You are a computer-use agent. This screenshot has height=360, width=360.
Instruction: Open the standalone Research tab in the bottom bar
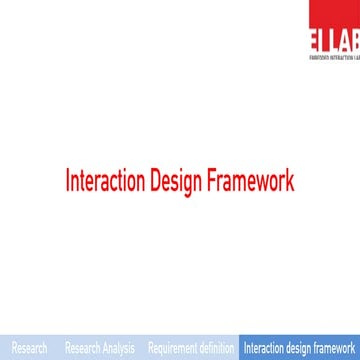(x=28, y=349)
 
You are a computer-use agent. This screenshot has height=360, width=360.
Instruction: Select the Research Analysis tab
(x=99, y=349)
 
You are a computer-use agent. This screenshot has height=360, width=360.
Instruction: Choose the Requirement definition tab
(x=191, y=349)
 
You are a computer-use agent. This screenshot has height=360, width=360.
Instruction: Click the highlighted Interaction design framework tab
(x=300, y=349)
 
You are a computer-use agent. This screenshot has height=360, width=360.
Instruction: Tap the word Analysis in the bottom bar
(x=117, y=349)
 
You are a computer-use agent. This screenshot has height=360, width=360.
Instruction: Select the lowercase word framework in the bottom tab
(x=336, y=349)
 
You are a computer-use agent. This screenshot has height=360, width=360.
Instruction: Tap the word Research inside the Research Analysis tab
(x=81, y=349)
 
